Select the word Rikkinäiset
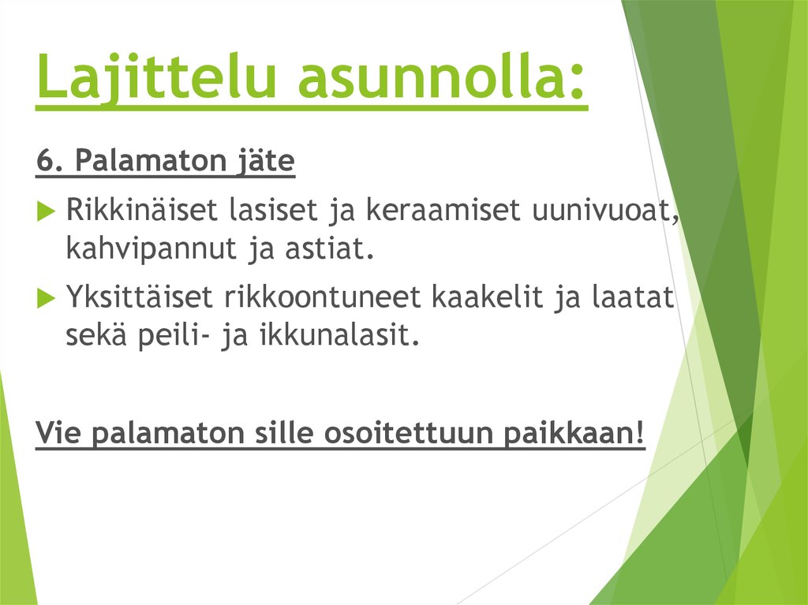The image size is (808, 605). (143, 211)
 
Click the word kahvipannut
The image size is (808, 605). (141, 250)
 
